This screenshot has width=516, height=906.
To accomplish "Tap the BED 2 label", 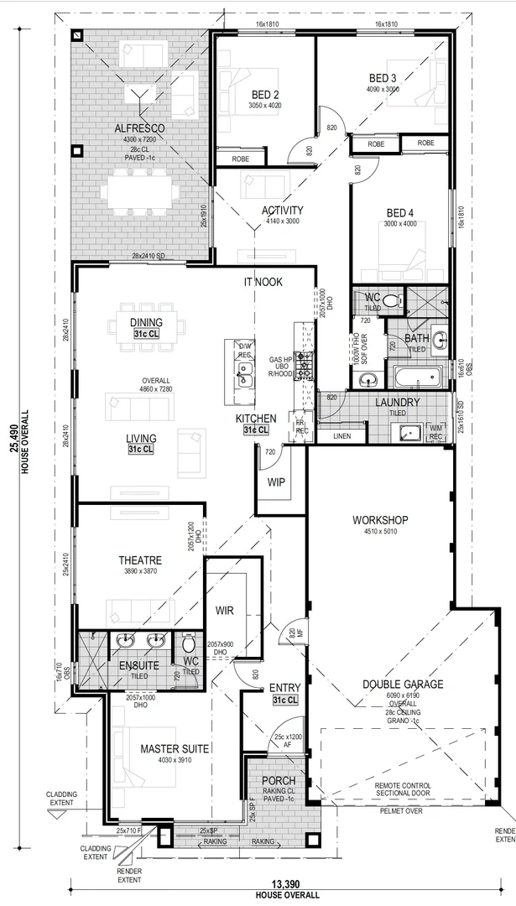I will pyautogui.click(x=263, y=94).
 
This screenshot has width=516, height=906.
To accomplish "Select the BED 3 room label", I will pyautogui.click(x=382, y=78).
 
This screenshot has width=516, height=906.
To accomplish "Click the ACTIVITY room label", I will pyautogui.click(x=282, y=211).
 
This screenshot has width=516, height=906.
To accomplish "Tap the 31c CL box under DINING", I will pyautogui.click(x=146, y=335).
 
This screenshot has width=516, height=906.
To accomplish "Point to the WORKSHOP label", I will pyautogui.click(x=379, y=520).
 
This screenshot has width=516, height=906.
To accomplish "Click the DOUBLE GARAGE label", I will pyautogui.click(x=403, y=685).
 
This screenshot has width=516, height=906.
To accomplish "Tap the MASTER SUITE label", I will pyautogui.click(x=175, y=748).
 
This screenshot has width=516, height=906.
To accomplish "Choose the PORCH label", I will pyautogui.click(x=279, y=781).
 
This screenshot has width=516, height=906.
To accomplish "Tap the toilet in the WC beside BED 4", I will pyautogui.click(x=397, y=299).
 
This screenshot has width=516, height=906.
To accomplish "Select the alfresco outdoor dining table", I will pyautogui.click(x=139, y=190).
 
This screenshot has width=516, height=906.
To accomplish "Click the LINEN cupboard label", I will pyautogui.click(x=341, y=436).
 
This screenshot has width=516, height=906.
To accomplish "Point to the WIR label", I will pyautogui.click(x=224, y=610).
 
